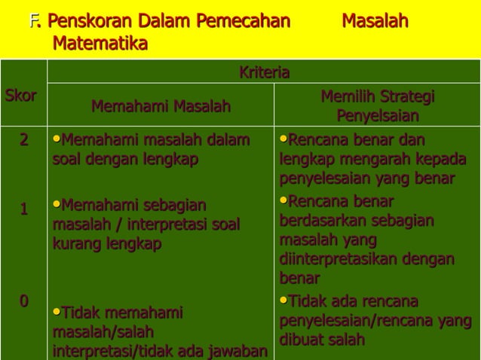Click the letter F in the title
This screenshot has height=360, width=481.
coord(33,21)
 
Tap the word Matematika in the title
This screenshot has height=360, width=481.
coord(100,44)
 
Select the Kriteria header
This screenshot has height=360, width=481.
coord(264,72)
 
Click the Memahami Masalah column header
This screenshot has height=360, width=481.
coord(161,108)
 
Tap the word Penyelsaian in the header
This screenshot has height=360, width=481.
coord(378,117)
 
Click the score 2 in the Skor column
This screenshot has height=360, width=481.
coord(24,140)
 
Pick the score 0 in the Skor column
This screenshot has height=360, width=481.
coord(24,302)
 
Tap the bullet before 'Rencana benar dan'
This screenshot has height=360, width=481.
coord(283,139)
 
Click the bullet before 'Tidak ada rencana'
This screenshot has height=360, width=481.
coord(283,301)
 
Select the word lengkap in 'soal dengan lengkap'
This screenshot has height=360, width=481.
coord(173,160)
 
